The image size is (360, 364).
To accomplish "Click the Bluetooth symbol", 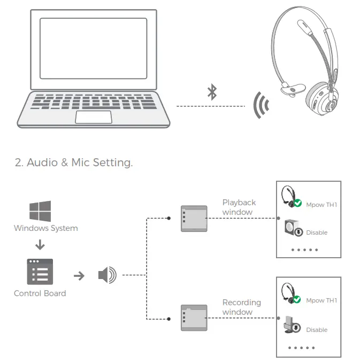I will (x=212, y=92).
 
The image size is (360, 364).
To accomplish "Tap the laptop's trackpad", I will (x=93, y=117).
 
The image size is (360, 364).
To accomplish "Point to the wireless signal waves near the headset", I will (x=261, y=106).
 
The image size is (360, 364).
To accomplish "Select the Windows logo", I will (x=40, y=211).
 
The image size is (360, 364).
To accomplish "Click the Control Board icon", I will (x=40, y=272).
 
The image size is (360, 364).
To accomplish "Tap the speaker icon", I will (x=106, y=276).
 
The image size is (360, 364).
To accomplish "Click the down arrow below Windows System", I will (x=40, y=245).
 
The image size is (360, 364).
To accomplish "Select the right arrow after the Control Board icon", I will (x=79, y=276).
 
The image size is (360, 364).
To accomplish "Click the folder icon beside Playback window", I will (x=194, y=218).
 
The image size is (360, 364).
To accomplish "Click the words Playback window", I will (x=239, y=207).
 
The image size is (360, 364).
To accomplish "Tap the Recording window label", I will (x=241, y=307).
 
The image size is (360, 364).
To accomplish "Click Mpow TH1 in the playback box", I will (x=321, y=205).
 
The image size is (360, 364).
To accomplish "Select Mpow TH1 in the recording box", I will (x=321, y=300).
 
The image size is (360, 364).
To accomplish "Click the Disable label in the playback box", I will (x=317, y=233).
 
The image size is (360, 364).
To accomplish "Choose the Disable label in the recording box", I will (x=317, y=330).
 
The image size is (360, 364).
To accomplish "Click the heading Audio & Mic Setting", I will (x=74, y=162).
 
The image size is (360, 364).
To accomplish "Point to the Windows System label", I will (x=45, y=228).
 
